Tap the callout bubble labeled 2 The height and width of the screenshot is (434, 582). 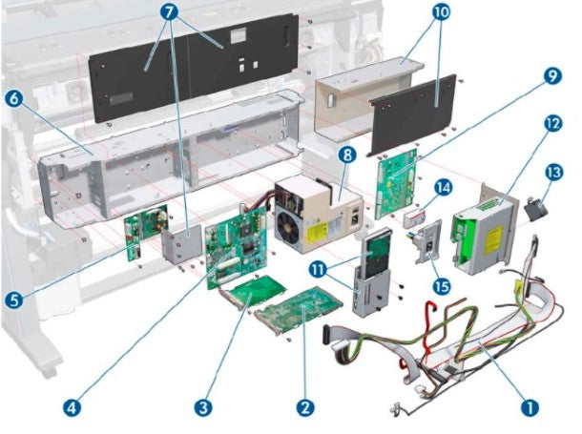coord(305,407)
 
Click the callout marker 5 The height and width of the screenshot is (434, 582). coord(12,300)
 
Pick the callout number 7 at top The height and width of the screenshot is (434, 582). coord(170,13)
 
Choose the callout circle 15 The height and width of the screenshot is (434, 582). coord(441,284)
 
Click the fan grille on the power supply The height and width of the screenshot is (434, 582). coord(292,227)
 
